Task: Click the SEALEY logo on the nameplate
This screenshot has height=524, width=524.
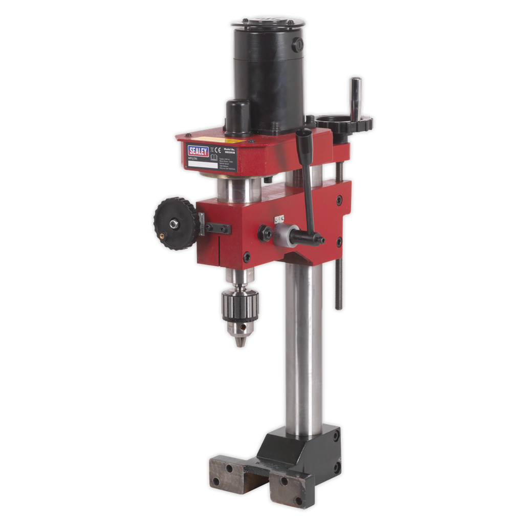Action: click(198, 150)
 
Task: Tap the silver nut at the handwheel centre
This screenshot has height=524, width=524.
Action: click(174, 223)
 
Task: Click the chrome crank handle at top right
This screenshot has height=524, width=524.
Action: click(355, 97)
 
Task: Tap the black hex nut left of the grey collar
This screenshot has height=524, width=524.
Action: click(265, 232)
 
